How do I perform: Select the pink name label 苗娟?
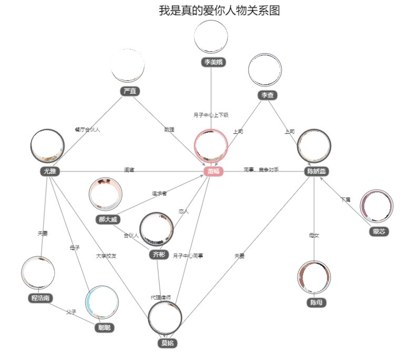(x=213, y=171)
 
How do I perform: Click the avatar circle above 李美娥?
(x=211, y=37)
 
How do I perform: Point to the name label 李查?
(x=265, y=95)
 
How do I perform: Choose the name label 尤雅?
(x=49, y=171)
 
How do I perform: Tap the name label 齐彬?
(x=158, y=255)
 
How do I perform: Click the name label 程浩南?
(x=41, y=298)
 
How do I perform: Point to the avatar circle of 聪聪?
(x=102, y=303)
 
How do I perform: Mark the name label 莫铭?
(x=167, y=343)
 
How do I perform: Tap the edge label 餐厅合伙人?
(x=87, y=129)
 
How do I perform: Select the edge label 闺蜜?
(x=129, y=170)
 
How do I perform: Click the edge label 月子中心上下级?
(x=211, y=115)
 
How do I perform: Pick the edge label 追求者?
(x=160, y=193)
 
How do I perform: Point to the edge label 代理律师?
(x=161, y=297)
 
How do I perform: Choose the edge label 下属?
(x=345, y=200)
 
